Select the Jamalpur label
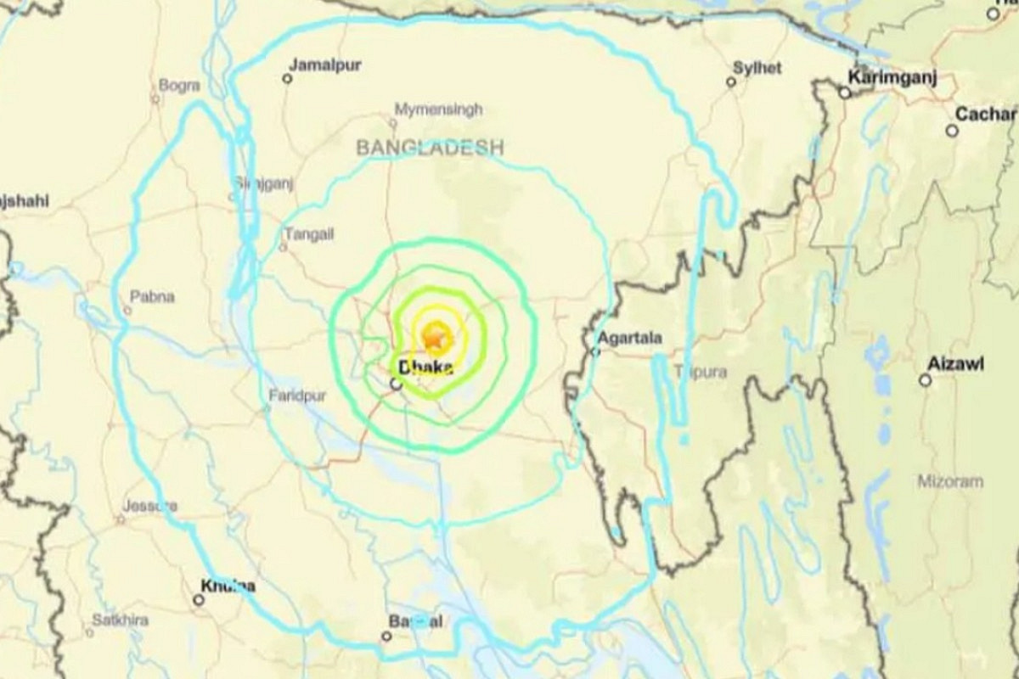click(325, 65)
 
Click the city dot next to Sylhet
click(731, 82)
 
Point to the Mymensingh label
click(438, 109)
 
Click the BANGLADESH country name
click(430, 148)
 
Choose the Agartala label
click(629, 338)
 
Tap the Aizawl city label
click(955, 363)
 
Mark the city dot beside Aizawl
click(925, 380)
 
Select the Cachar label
click(985, 114)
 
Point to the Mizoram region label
click(950, 481)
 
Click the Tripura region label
click(701, 372)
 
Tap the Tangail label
click(309, 233)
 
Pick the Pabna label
click(152, 296)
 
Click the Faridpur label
click(297, 395)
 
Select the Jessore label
click(149, 506)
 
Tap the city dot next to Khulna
click(199, 600)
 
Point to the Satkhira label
click(121, 620)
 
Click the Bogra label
click(179, 85)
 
